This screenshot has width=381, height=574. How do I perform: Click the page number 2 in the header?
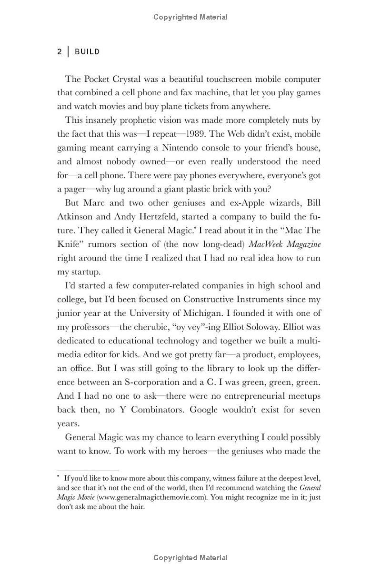pyautogui.click(x=60, y=52)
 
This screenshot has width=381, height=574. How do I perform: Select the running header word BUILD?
pyautogui.click(x=87, y=52)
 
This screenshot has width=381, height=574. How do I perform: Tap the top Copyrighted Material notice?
pyautogui.click(x=190, y=17)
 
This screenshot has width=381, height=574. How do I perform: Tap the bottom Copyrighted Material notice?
pyautogui.click(x=190, y=558)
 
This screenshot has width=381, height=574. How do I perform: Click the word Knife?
pyautogui.click(x=69, y=244)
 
